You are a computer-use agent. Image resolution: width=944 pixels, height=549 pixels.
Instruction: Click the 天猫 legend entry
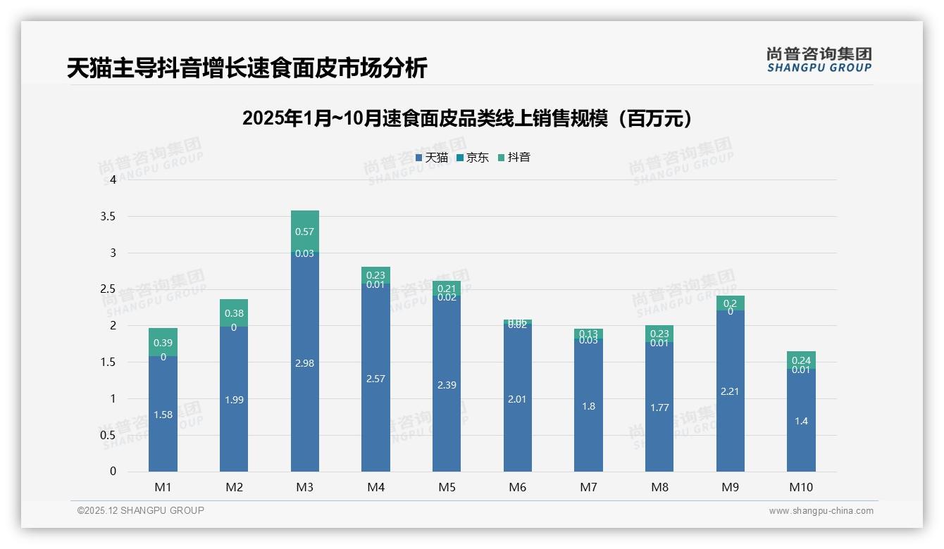tap(432, 158)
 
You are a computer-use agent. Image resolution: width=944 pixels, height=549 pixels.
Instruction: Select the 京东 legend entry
tap(473, 158)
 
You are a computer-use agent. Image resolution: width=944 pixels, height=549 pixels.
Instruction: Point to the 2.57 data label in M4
tap(375, 379)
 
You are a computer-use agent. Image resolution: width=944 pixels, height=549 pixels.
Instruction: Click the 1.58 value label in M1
tap(163, 415)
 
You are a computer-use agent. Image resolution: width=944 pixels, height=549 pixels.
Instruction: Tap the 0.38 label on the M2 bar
tap(234, 313)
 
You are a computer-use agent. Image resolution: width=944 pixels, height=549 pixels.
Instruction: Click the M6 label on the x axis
tap(517, 487)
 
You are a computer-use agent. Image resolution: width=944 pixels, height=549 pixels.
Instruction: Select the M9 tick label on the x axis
tap(730, 487)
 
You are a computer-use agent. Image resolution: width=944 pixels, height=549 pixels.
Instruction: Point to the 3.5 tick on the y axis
tap(108, 216)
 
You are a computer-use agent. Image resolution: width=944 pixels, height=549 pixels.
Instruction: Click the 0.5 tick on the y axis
tap(108, 435)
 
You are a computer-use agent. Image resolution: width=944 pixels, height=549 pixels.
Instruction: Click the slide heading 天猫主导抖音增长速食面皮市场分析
tap(247, 68)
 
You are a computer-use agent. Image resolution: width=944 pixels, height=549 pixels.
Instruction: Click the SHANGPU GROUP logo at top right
tap(819, 60)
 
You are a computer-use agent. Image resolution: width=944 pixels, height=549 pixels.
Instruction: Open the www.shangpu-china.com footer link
tap(821, 511)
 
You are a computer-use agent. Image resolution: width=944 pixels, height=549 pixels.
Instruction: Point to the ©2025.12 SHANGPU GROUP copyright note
tap(141, 511)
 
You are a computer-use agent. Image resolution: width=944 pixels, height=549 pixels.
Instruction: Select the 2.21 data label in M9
tap(730, 391)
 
